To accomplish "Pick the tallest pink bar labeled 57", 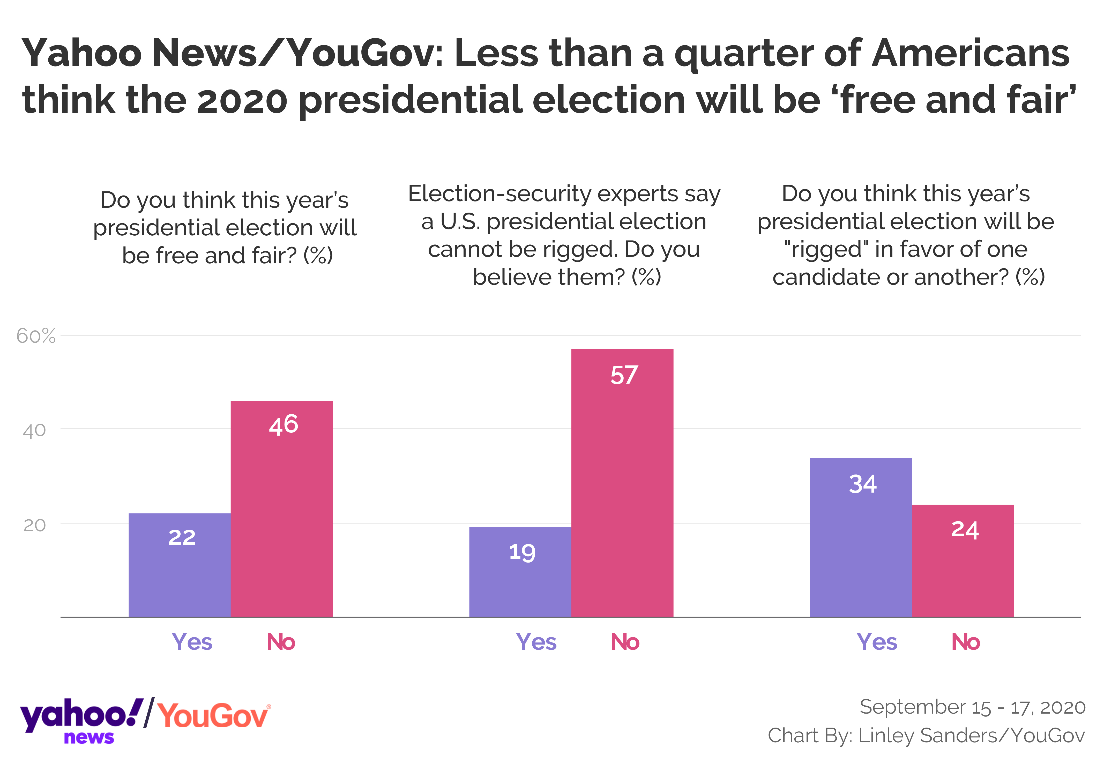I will click(622, 483).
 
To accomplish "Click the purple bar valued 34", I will click(861, 537).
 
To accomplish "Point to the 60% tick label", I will click(36, 336).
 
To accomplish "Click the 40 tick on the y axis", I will click(34, 431).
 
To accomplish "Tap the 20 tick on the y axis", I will click(34, 525).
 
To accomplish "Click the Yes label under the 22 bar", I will click(192, 642).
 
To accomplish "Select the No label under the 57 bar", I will click(625, 642).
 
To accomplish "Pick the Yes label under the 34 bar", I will click(876, 642).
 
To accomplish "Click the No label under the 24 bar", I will click(965, 642).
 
